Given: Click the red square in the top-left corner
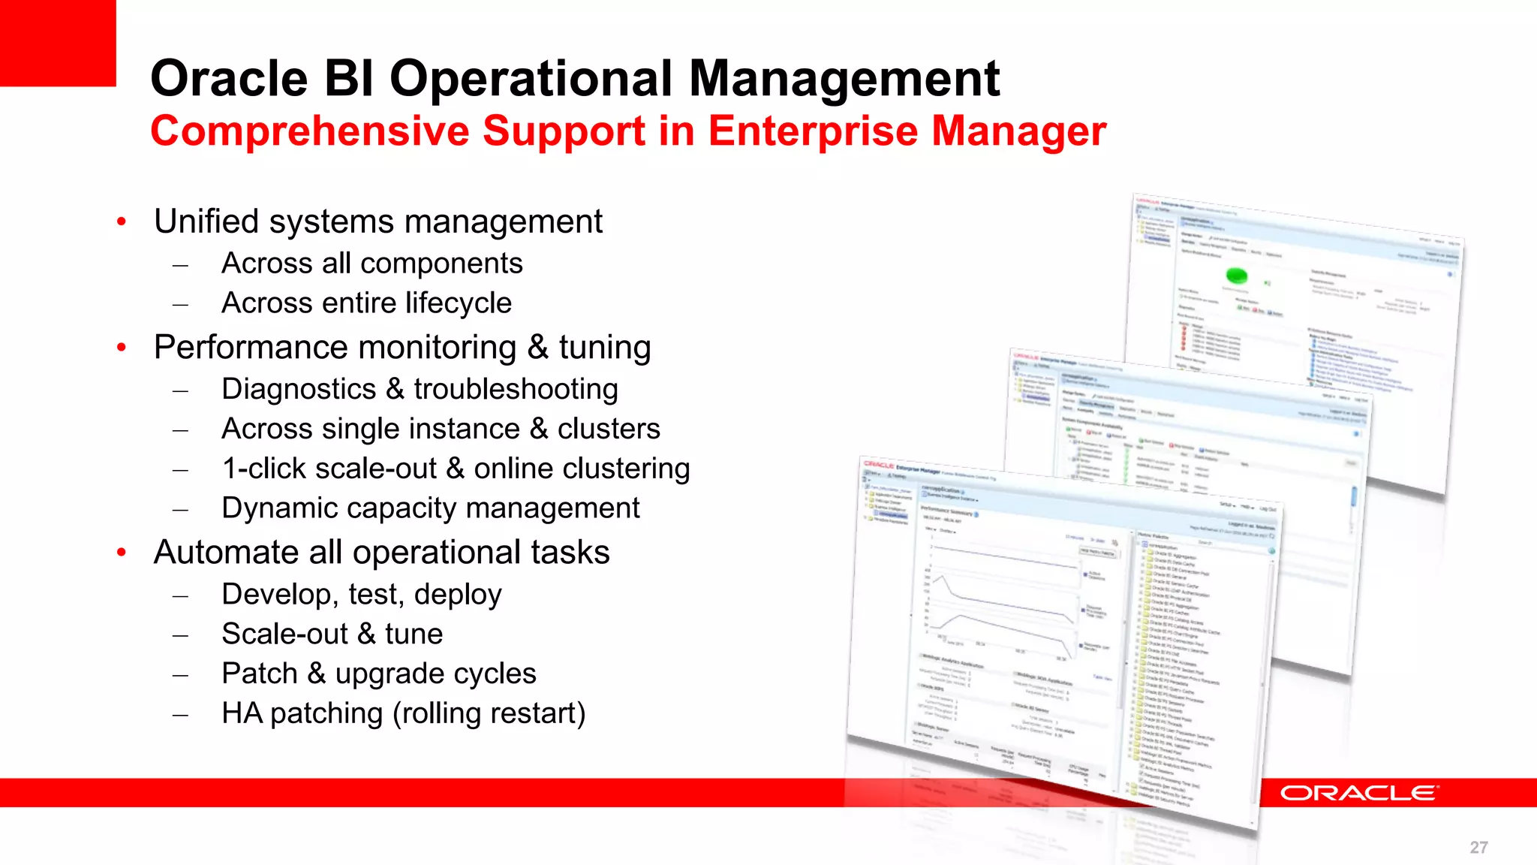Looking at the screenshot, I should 57,42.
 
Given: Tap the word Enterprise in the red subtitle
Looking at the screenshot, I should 813,131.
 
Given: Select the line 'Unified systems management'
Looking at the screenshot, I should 377,222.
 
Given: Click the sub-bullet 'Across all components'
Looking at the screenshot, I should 371,264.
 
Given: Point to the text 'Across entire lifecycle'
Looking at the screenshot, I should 366,303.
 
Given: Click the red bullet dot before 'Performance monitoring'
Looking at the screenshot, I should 122,348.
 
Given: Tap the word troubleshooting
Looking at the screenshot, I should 516,389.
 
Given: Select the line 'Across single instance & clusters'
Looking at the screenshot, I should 441,429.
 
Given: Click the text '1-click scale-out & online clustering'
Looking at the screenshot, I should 456,469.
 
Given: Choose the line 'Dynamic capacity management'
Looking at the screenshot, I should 430,508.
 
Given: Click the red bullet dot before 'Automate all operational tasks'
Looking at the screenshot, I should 122,553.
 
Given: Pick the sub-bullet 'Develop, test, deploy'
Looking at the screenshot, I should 361,594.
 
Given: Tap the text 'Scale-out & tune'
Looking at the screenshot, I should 332,634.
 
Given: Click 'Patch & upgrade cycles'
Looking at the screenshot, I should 378,674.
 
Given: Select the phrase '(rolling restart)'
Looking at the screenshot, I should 489,713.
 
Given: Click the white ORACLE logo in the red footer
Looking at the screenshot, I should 1358,793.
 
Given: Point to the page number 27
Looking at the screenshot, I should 1478,847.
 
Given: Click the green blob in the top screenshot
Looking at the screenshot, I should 1236,276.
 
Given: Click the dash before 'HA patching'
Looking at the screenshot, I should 180,715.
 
